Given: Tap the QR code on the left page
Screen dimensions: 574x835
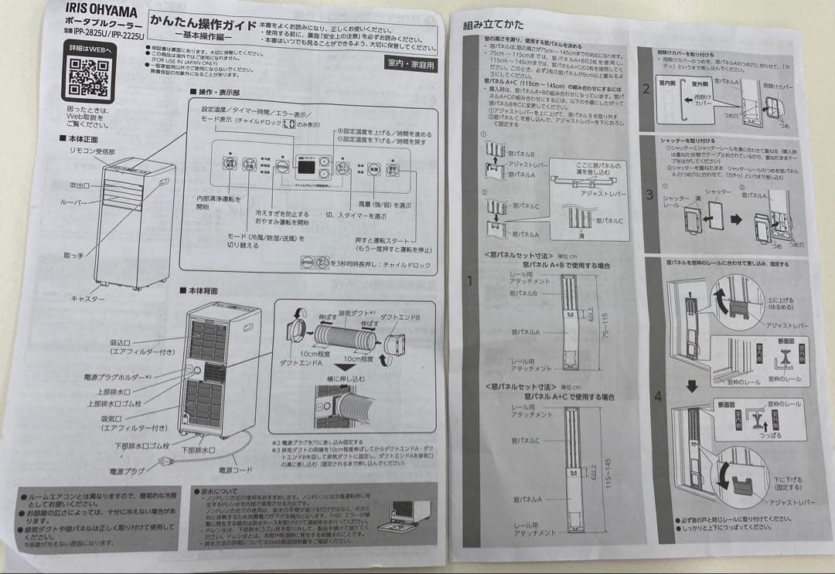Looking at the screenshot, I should [87, 73].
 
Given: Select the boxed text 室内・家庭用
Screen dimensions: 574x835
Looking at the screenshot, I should [410, 64].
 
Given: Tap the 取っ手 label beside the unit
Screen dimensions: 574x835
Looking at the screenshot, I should [74, 256].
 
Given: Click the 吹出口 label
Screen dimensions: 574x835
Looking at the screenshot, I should [80, 186].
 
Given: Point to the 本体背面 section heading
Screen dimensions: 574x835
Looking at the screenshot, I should [204, 290].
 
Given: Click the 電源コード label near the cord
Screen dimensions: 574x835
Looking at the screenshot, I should [236, 470].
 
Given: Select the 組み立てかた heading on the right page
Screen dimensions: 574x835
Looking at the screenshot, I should [489, 25].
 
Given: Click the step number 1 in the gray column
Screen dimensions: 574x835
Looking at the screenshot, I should [468, 280].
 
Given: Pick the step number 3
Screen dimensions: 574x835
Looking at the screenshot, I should [649, 194].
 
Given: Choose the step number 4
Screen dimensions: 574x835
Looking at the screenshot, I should [657, 396].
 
